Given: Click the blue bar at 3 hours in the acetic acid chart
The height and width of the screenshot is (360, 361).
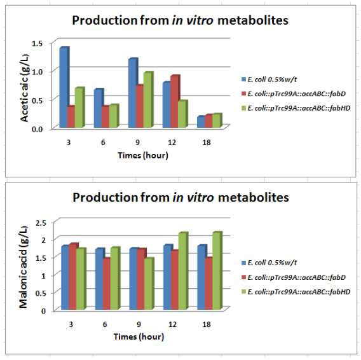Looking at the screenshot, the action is point(64,87).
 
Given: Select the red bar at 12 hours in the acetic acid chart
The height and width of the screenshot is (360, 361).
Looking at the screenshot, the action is point(175,101).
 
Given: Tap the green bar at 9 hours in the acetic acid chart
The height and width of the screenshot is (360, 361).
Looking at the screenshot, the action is point(148,100).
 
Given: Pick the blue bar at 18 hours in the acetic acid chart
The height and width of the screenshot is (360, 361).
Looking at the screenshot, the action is point(201,121).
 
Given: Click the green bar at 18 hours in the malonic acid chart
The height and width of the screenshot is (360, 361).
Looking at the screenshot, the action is point(217,270).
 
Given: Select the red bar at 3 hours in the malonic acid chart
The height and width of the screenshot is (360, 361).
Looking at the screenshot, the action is point(74,276).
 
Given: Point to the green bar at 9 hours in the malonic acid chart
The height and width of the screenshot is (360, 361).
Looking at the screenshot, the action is point(149,283).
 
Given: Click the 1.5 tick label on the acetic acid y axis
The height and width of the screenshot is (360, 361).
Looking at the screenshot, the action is point(37,43).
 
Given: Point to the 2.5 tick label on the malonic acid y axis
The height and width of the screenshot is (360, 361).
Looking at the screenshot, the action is point(41,223).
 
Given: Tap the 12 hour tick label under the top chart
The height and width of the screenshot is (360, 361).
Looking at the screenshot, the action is point(172,142).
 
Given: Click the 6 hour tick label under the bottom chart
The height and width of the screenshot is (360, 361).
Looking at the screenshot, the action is point(105,324).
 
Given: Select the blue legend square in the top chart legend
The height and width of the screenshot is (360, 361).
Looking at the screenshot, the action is point(243,80).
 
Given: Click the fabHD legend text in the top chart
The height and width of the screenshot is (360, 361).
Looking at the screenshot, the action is point(299,108).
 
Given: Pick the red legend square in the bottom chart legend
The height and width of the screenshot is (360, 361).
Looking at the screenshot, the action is point(243,277).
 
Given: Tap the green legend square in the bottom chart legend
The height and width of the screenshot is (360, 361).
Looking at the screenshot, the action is point(243,291).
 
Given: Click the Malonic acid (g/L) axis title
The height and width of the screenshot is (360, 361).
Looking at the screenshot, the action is point(23,267).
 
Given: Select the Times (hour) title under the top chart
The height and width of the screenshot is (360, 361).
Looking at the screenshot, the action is point(143,155).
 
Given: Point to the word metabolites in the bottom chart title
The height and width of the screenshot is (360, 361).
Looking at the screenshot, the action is point(253,198).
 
